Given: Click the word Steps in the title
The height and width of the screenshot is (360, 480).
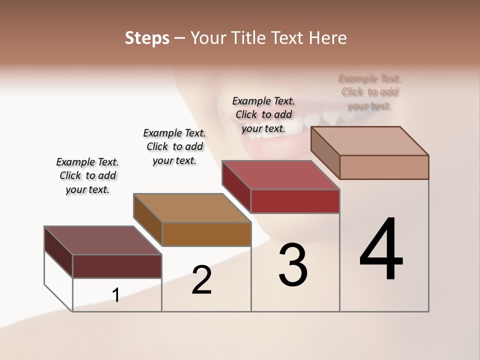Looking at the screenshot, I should (147, 38).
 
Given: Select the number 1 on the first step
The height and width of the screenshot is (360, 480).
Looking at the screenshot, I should (116, 295).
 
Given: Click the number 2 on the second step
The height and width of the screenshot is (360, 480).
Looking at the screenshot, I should (201, 280).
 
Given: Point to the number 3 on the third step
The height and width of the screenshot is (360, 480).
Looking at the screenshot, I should (293, 265).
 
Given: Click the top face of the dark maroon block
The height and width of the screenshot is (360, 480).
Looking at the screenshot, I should (102, 240).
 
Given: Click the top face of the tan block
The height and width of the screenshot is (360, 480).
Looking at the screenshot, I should (370, 141).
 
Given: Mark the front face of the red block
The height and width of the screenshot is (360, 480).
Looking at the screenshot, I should (295, 201).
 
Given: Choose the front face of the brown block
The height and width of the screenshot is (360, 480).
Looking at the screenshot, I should (206, 234).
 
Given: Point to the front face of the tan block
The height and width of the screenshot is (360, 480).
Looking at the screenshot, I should (384, 167).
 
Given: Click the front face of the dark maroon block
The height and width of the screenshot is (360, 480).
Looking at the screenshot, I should (117, 266).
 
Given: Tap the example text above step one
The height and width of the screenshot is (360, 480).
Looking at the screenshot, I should (87, 175).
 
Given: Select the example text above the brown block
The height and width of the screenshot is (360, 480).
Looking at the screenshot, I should (174, 146).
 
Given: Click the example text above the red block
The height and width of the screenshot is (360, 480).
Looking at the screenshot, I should (263, 114).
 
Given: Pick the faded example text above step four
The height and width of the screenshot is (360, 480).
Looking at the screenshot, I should (369, 92).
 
